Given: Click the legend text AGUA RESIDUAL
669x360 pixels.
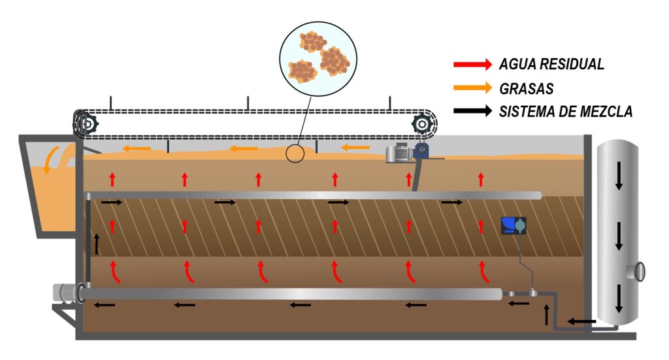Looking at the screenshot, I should click(x=551, y=64).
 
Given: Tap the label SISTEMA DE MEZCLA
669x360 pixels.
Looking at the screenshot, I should click(x=566, y=112).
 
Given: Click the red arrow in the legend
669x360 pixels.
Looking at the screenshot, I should click(x=472, y=64).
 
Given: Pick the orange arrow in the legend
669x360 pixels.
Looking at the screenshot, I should click(x=472, y=88).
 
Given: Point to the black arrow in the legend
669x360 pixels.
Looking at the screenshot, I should click(x=472, y=111).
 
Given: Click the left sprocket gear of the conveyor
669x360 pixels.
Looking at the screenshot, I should click(x=86, y=123).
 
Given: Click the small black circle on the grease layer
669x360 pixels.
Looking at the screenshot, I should click(x=295, y=154).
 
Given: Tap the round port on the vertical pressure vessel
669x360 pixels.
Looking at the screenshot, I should click(x=639, y=270).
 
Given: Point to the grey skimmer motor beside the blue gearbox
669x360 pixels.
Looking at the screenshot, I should click(x=399, y=154).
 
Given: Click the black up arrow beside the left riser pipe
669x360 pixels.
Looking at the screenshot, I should click(x=97, y=244).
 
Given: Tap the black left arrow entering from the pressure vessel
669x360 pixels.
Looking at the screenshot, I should click(x=581, y=321).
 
